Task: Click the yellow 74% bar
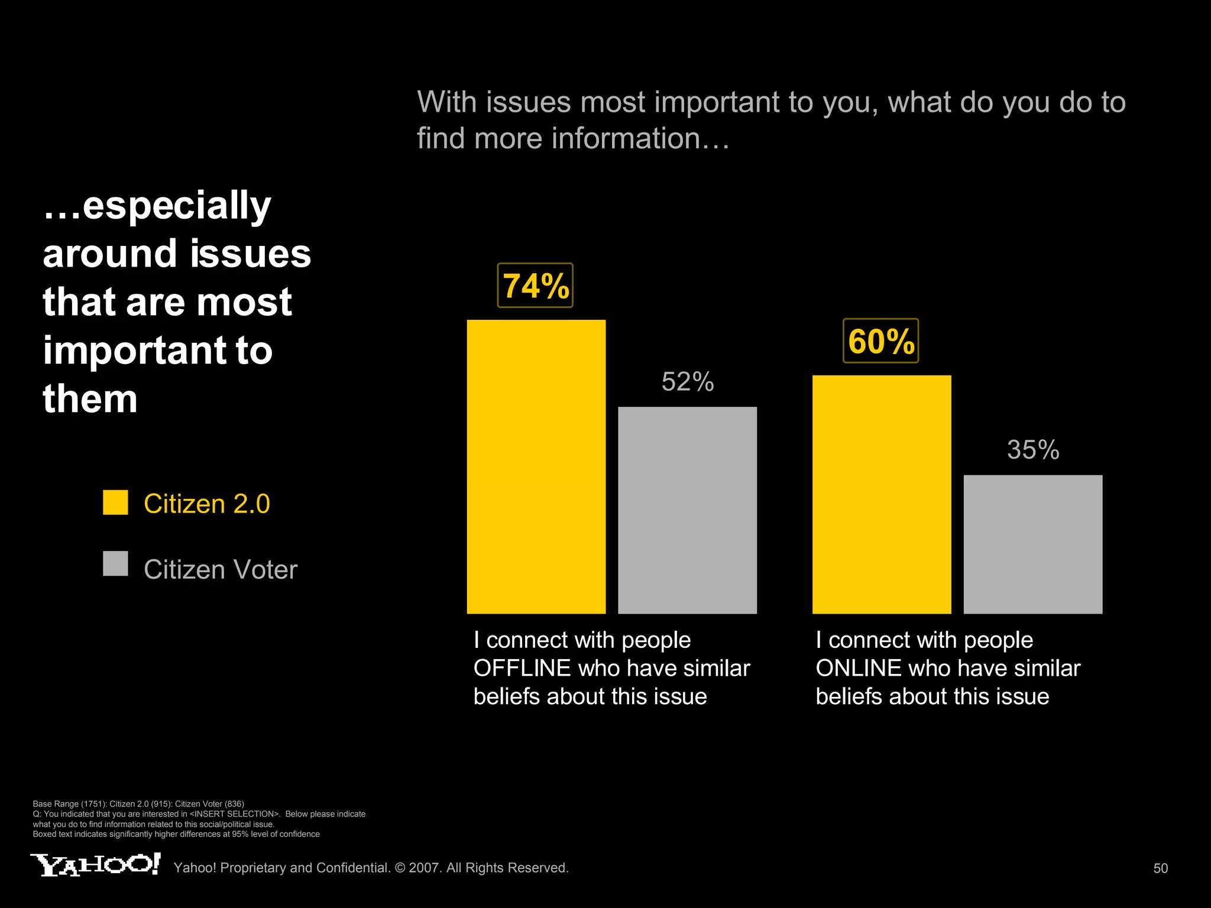click(536, 466)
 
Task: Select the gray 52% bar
click(687, 510)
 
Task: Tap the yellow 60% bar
click(881, 494)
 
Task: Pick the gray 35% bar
click(1032, 544)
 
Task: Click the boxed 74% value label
click(535, 286)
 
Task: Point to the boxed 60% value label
click(880, 341)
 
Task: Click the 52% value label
click(687, 382)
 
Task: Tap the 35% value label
click(1032, 450)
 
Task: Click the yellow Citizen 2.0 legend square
click(115, 502)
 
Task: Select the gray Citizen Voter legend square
click(115, 563)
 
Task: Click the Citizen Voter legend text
click(220, 570)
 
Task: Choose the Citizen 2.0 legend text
click(206, 504)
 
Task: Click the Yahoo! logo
click(95, 865)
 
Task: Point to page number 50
click(1160, 868)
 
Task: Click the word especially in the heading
click(176, 206)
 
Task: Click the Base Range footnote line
click(138, 804)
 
